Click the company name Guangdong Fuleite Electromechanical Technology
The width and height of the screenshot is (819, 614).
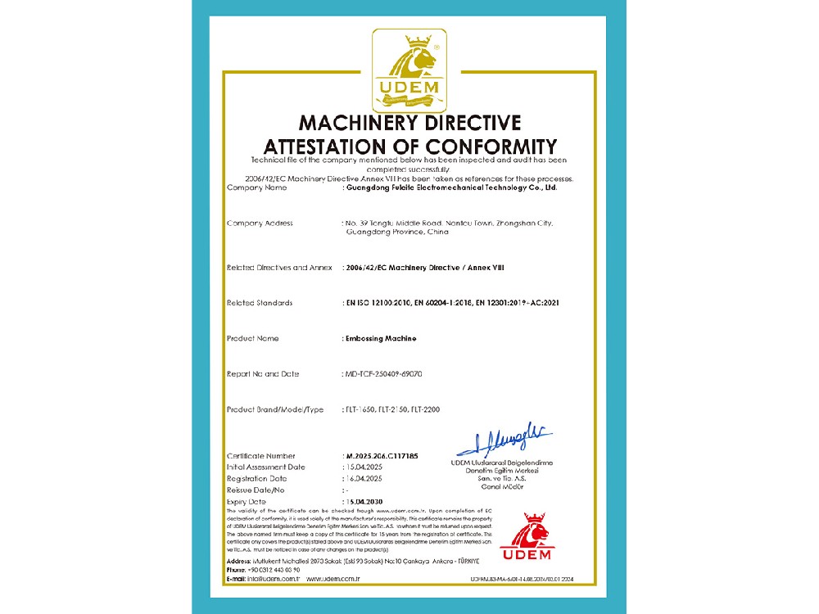452,187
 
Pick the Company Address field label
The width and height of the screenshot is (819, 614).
259,223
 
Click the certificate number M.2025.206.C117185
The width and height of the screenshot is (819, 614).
382,455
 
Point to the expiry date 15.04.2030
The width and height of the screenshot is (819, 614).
364,501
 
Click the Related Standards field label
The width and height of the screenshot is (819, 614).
259,303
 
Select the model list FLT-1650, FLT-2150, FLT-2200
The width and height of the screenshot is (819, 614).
393,409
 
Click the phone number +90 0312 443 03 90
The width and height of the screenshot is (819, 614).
274,569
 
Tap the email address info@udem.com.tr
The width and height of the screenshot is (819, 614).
275,579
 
